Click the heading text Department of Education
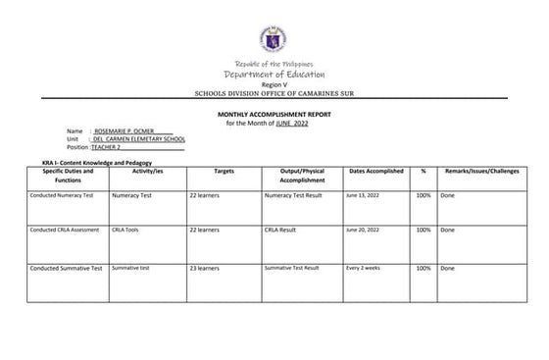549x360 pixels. click(274, 75)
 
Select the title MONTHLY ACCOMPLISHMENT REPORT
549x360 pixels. click(274, 115)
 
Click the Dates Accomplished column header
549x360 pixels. click(375, 171)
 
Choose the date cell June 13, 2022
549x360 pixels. click(364, 195)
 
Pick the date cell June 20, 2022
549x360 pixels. click(364, 230)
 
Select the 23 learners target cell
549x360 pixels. click(204, 268)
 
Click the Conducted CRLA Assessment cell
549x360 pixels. click(65, 230)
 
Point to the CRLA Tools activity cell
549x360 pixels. click(126, 230)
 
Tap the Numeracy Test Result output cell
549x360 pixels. click(294, 195)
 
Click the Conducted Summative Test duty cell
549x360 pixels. click(66, 268)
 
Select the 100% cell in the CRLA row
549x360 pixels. click(424, 230)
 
